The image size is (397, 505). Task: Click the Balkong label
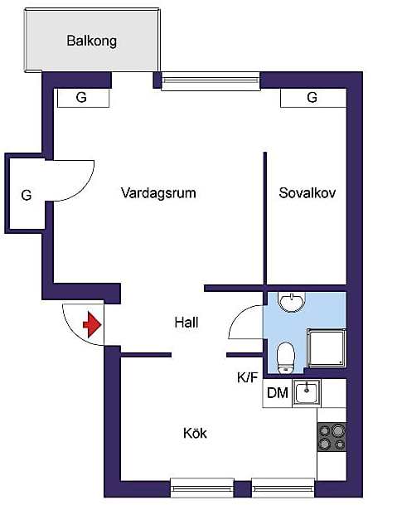(91, 41)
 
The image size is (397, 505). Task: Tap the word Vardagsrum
(158, 193)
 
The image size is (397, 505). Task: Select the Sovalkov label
(307, 193)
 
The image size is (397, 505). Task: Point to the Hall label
(186, 323)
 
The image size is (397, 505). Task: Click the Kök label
(195, 433)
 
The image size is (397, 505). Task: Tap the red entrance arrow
(92, 324)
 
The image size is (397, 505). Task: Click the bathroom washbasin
(292, 303)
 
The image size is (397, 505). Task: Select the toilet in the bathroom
(286, 357)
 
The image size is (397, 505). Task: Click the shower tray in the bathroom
(327, 348)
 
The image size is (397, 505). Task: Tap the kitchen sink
(307, 392)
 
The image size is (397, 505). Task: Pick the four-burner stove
(332, 437)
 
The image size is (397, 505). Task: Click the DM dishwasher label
(278, 393)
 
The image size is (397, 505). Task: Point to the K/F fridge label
(248, 377)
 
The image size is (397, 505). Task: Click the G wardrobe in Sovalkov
(313, 98)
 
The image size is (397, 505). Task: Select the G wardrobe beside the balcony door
(83, 98)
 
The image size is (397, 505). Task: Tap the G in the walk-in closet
(27, 195)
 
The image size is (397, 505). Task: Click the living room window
(211, 80)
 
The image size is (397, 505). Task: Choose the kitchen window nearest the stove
(283, 488)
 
